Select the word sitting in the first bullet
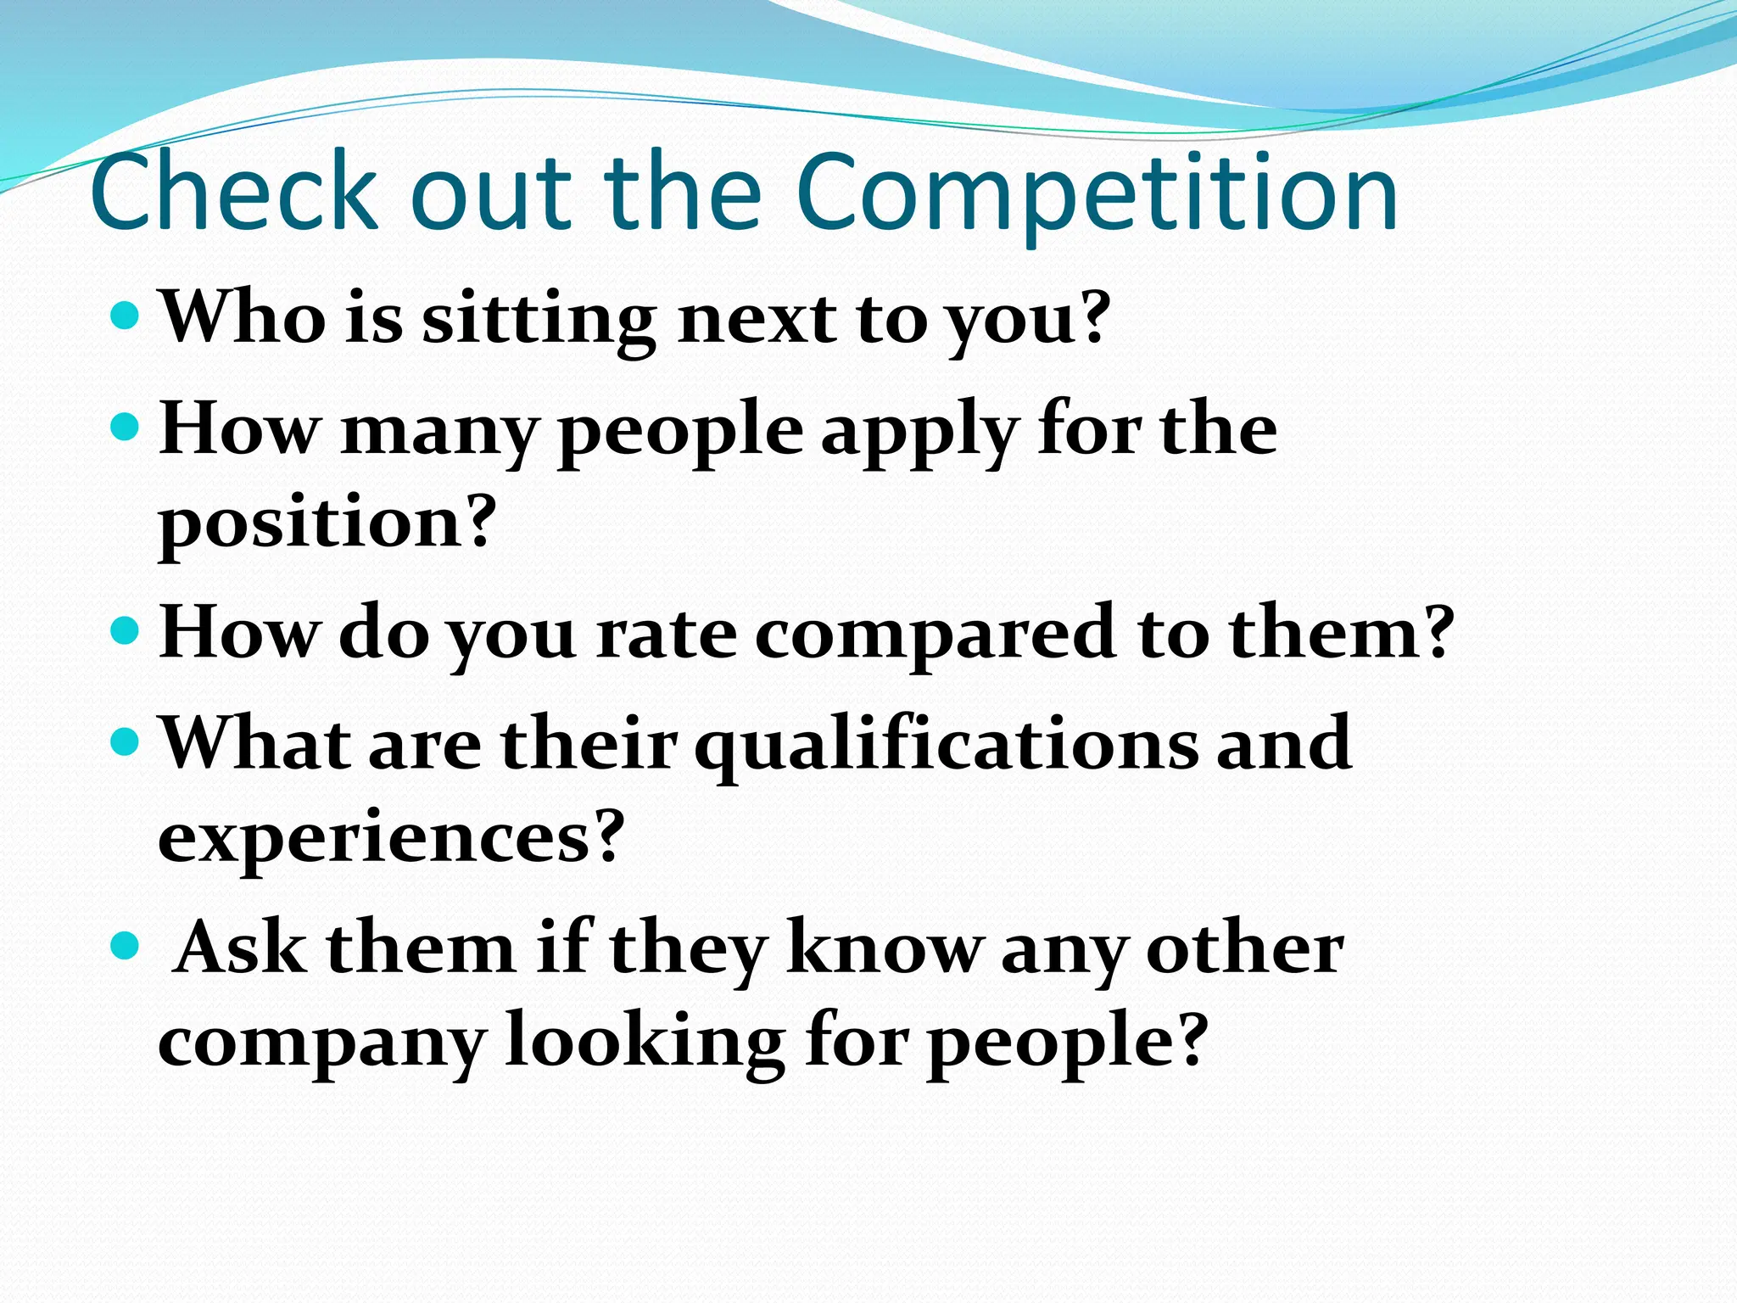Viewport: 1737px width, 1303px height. pyautogui.click(x=539, y=320)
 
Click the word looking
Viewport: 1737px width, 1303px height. pyautogui.click(x=645, y=1042)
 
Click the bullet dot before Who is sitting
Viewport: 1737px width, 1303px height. pyautogui.click(x=125, y=316)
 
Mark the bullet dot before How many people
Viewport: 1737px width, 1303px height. pyautogui.click(x=125, y=427)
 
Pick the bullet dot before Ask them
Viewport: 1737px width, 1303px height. pyautogui.click(x=125, y=943)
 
